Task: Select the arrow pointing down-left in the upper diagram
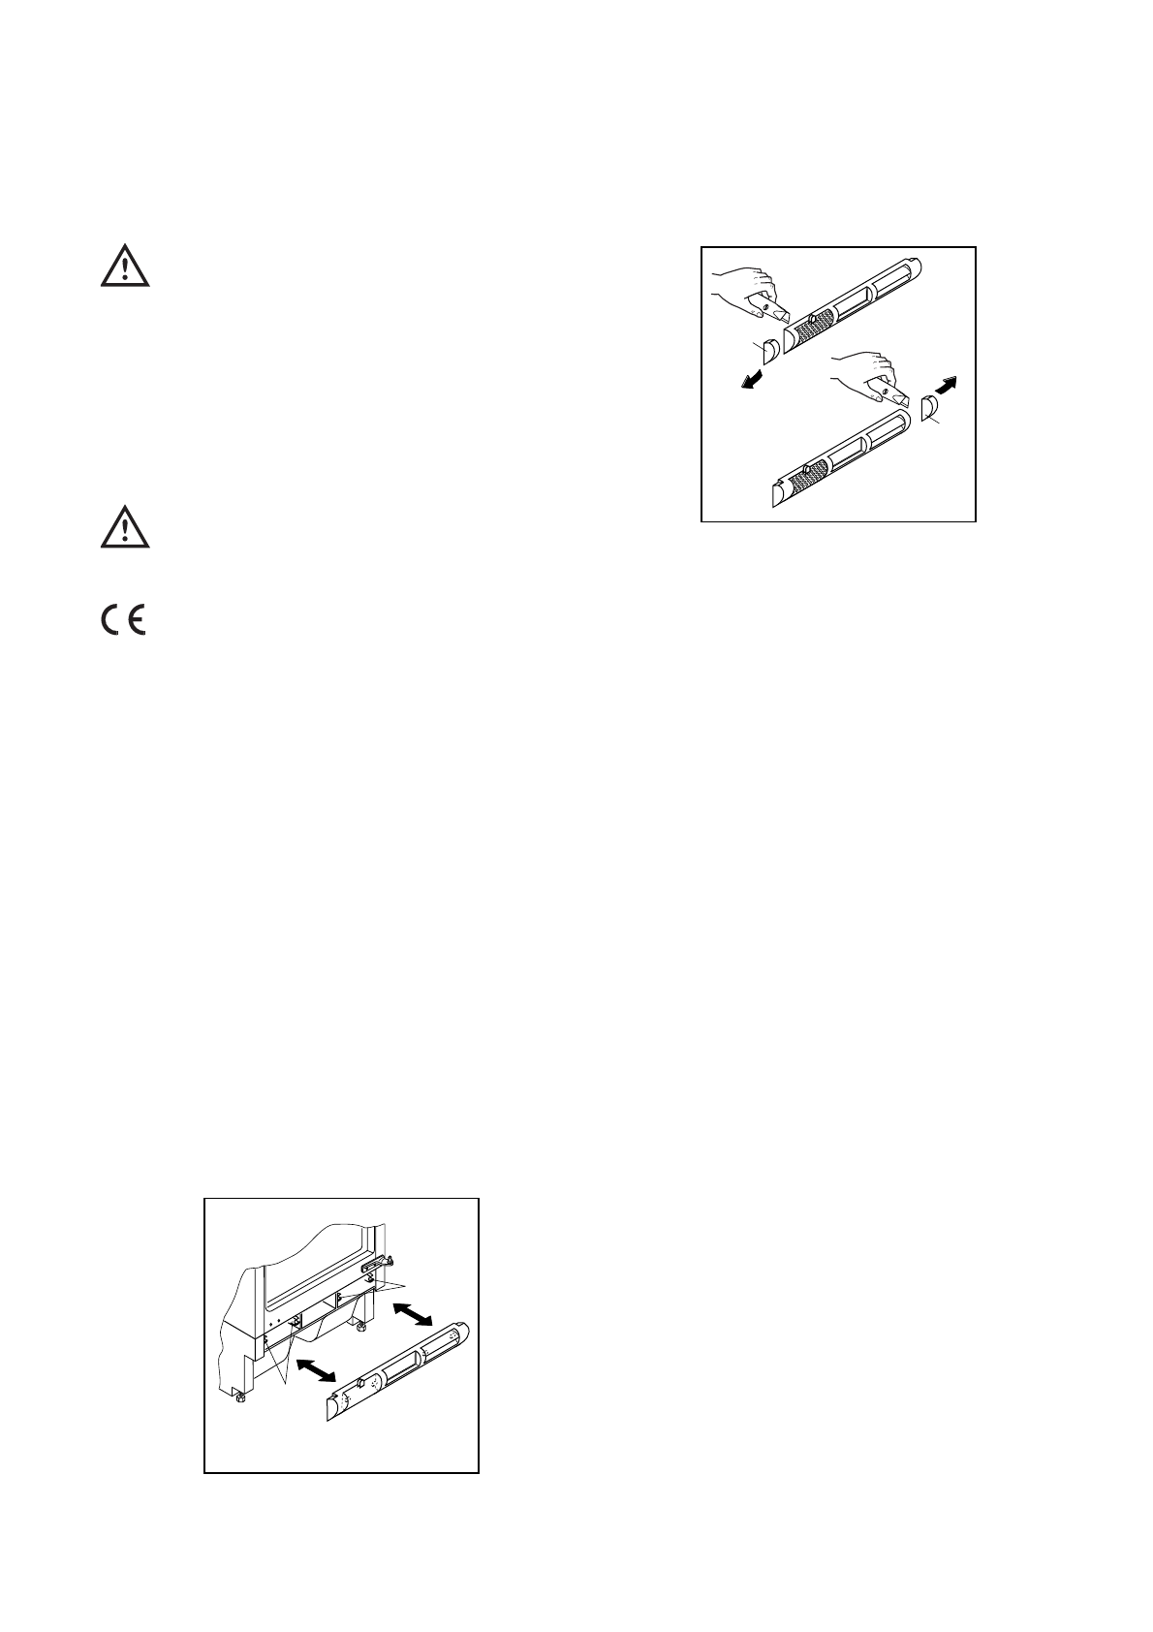752,382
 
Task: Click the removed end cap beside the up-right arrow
928,409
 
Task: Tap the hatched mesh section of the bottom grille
806,477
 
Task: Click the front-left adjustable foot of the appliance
236,1397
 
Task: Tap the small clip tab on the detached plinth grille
360,1382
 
